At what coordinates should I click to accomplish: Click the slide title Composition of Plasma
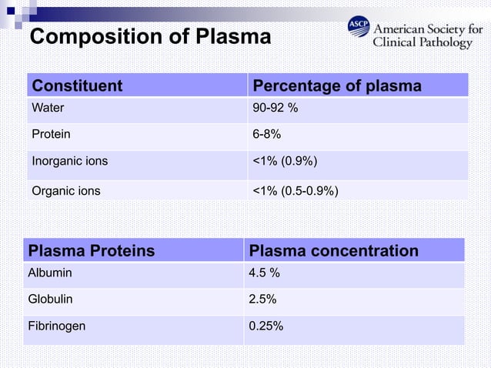(x=150, y=36)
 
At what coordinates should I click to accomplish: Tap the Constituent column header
(x=76, y=85)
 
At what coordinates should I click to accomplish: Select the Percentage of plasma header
(x=337, y=85)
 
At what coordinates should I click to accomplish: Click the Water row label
(x=47, y=109)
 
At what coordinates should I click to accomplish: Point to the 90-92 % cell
(x=276, y=109)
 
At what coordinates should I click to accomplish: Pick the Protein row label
(x=51, y=134)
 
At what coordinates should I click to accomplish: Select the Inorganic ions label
(x=69, y=161)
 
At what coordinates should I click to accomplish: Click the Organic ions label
(x=65, y=189)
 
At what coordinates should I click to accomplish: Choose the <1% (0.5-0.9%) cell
(x=296, y=189)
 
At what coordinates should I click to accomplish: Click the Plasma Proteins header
(x=91, y=251)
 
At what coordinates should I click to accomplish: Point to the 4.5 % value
(x=266, y=273)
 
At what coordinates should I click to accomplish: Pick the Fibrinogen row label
(x=56, y=326)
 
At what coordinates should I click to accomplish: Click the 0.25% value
(x=266, y=326)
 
